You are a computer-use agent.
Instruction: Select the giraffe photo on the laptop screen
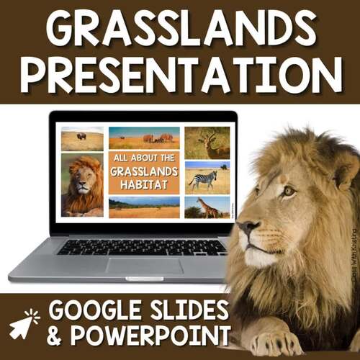[207, 207]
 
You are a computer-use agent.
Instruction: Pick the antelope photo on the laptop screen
[207, 143]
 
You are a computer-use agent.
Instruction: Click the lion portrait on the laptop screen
[81, 185]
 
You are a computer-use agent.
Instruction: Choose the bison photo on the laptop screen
[81, 139]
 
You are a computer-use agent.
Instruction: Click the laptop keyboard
[144, 246]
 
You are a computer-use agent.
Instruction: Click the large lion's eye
[287, 192]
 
